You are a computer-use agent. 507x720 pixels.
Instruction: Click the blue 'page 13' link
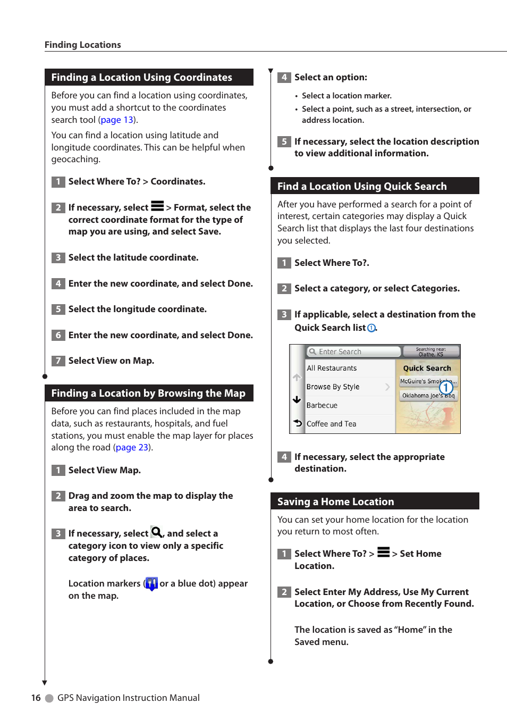click(117, 120)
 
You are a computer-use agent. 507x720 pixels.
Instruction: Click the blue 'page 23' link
click(132, 447)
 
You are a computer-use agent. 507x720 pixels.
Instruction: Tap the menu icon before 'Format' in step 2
click(157, 206)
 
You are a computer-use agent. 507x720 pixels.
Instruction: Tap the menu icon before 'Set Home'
click(383, 552)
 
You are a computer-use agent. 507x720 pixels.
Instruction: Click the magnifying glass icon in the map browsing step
click(157, 532)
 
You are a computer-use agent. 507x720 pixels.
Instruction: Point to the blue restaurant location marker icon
click(151, 583)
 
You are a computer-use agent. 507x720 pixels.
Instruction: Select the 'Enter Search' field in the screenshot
click(353, 351)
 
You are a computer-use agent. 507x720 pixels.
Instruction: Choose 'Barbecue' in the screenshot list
click(322, 405)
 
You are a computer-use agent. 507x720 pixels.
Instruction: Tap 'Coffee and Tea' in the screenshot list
click(331, 424)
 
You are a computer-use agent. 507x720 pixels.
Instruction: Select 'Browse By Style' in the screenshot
click(333, 387)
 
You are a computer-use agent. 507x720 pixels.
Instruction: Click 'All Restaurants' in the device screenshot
click(332, 368)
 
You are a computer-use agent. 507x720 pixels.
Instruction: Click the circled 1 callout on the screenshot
click(446, 388)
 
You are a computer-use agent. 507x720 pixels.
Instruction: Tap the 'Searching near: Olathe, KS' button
click(431, 351)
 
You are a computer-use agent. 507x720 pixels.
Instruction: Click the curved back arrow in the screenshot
click(298, 423)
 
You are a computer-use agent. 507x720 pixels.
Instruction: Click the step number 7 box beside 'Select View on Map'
click(58, 361)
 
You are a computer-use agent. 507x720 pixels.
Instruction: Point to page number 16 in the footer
click(36, 698)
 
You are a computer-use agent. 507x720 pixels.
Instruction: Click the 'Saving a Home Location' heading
click(335, 501)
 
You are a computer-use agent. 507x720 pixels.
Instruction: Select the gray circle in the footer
click(49, 698)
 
